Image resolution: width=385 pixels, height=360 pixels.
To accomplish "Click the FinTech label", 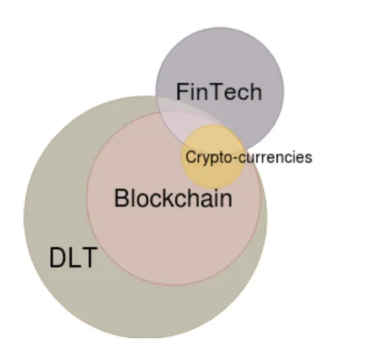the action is pos(219,91).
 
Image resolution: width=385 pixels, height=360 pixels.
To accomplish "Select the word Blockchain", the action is pos(173,199).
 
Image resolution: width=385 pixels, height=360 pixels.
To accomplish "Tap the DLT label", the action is pos(73,258).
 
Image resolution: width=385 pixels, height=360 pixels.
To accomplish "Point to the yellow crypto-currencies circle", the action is pos(213,156).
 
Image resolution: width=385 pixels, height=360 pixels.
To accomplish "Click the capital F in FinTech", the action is pos(182,91).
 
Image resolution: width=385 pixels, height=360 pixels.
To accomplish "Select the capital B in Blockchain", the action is pos(121,199).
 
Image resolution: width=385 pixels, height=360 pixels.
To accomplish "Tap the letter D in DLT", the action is pos(57,258).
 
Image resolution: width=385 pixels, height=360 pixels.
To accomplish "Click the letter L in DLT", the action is pos(73,258).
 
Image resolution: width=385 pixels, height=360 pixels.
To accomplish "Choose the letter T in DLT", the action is pos(88,258).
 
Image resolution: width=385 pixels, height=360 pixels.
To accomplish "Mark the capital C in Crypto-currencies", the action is pos(190,157).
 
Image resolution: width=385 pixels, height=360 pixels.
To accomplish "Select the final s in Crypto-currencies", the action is pos(308,159).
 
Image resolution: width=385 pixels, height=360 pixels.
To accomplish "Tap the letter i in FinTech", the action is pos(192,91).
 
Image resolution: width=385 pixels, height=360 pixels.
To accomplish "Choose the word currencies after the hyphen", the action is pos(275,157).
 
